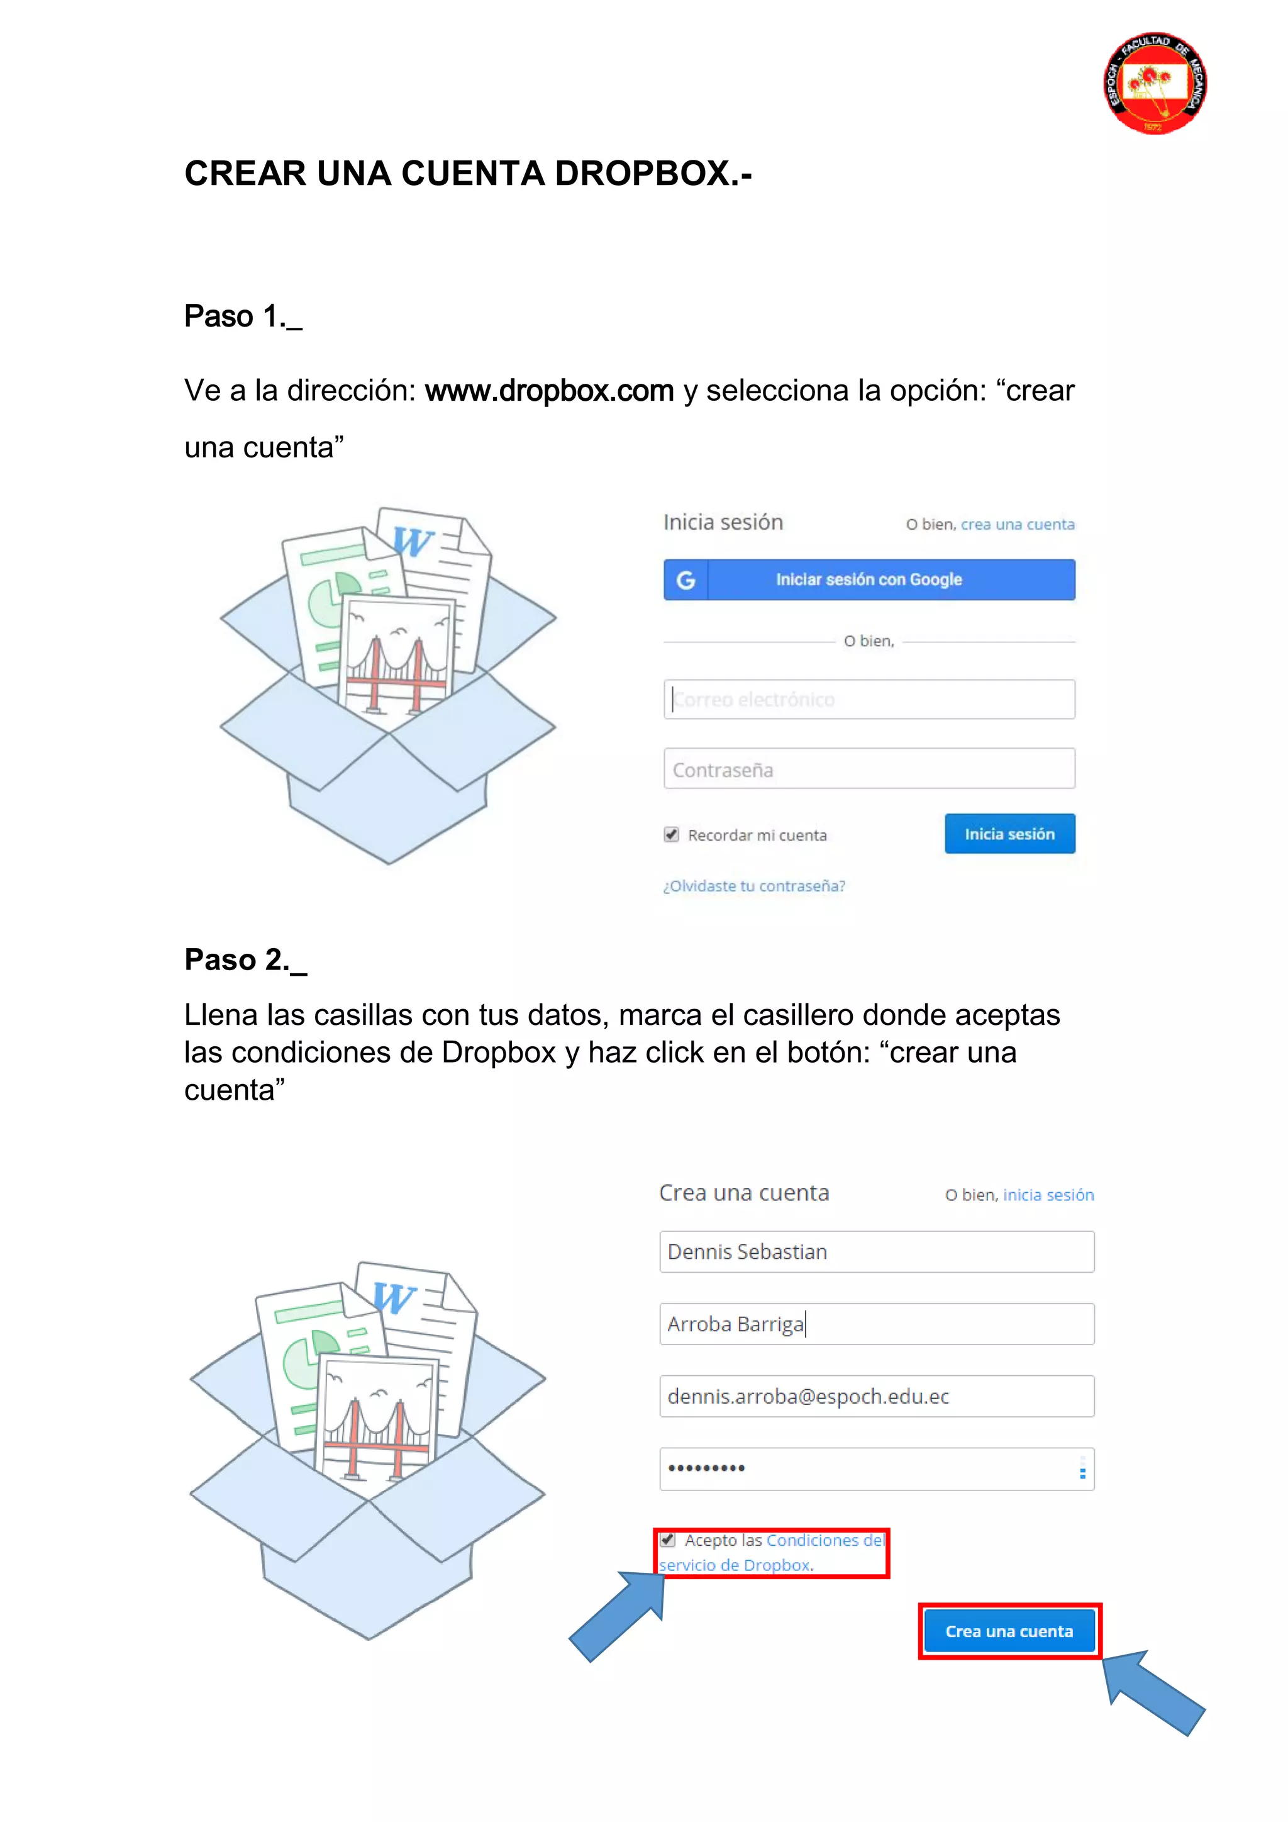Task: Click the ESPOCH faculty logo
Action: coord(1155,83)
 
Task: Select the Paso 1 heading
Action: coord(243,316)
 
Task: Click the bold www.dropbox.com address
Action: coord(549,391)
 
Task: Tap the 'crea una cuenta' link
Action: coord(1018,525)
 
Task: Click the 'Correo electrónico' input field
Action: coord(869,699)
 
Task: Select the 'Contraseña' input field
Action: coord(869,769)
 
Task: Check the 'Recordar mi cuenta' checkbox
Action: coord(672,835)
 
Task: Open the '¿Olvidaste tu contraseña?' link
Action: coord(754,886)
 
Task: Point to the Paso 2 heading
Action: coord(245,960)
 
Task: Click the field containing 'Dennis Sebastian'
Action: coord(876,1252)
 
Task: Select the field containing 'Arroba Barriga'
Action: coord(876,1324)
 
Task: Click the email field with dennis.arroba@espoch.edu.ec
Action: coord(876,1397)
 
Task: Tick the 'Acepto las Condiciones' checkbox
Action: coord(669,1540)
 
